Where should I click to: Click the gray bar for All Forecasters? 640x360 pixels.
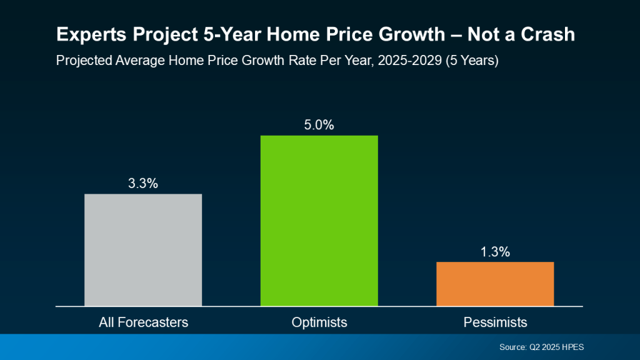tap(143, 250)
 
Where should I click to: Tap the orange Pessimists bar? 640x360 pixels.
tap(495, 284)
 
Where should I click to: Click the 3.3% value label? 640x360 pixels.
tap(143, 184)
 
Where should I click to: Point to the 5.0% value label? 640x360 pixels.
tap(319, 125)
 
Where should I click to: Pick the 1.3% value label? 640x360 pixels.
tap(495, 252)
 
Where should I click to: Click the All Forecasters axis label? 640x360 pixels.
tap(143, 322)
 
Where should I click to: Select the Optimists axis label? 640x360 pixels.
tap(319, 322)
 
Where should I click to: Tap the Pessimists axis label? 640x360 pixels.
tap(495, 322)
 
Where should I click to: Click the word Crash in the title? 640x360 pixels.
tap(551, 35)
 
